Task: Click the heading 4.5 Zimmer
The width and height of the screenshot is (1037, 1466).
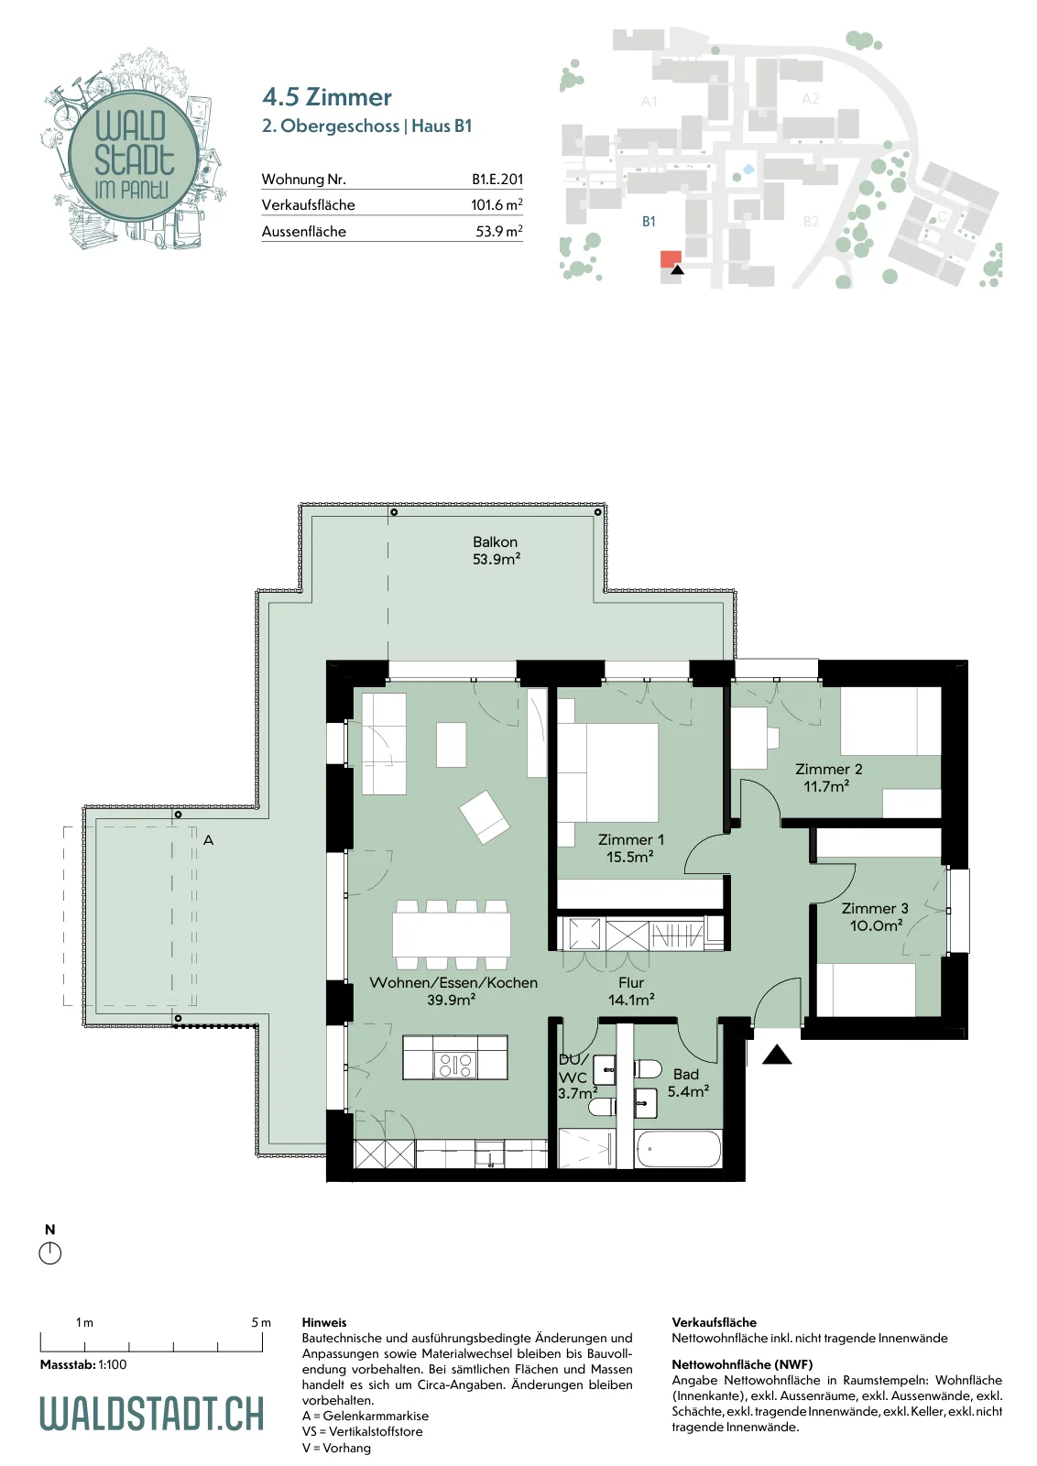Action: [x=326, y=97]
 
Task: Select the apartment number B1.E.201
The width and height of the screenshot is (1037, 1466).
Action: [x=497, y=179]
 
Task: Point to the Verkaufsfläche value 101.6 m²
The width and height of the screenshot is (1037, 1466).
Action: [x=497, y=205]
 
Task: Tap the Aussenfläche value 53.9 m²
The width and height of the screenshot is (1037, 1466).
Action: [x=499, y=231]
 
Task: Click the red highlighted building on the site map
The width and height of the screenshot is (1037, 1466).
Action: [x=671, y=259]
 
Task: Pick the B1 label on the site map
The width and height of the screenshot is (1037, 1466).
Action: [x=649, y=222]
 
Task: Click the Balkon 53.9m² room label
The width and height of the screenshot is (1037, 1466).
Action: [x=496, y=551]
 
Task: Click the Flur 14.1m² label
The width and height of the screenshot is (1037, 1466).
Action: [x=631, y=990]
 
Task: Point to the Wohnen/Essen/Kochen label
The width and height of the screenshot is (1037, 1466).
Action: [x=453, y=982]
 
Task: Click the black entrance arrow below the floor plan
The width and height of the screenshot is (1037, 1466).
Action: [x=777, y=1055]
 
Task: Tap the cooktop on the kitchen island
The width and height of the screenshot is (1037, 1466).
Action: [x=455, y=1065]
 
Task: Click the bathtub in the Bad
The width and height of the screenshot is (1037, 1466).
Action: [x=679, y=1149]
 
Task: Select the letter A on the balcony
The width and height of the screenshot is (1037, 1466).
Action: [x=208, y=839]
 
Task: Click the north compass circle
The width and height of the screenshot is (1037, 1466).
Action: [x=49, y=1254]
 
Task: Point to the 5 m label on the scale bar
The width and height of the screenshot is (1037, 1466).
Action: [x=260, y=1323]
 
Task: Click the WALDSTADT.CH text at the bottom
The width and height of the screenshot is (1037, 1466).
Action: [x=152, y=1413]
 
